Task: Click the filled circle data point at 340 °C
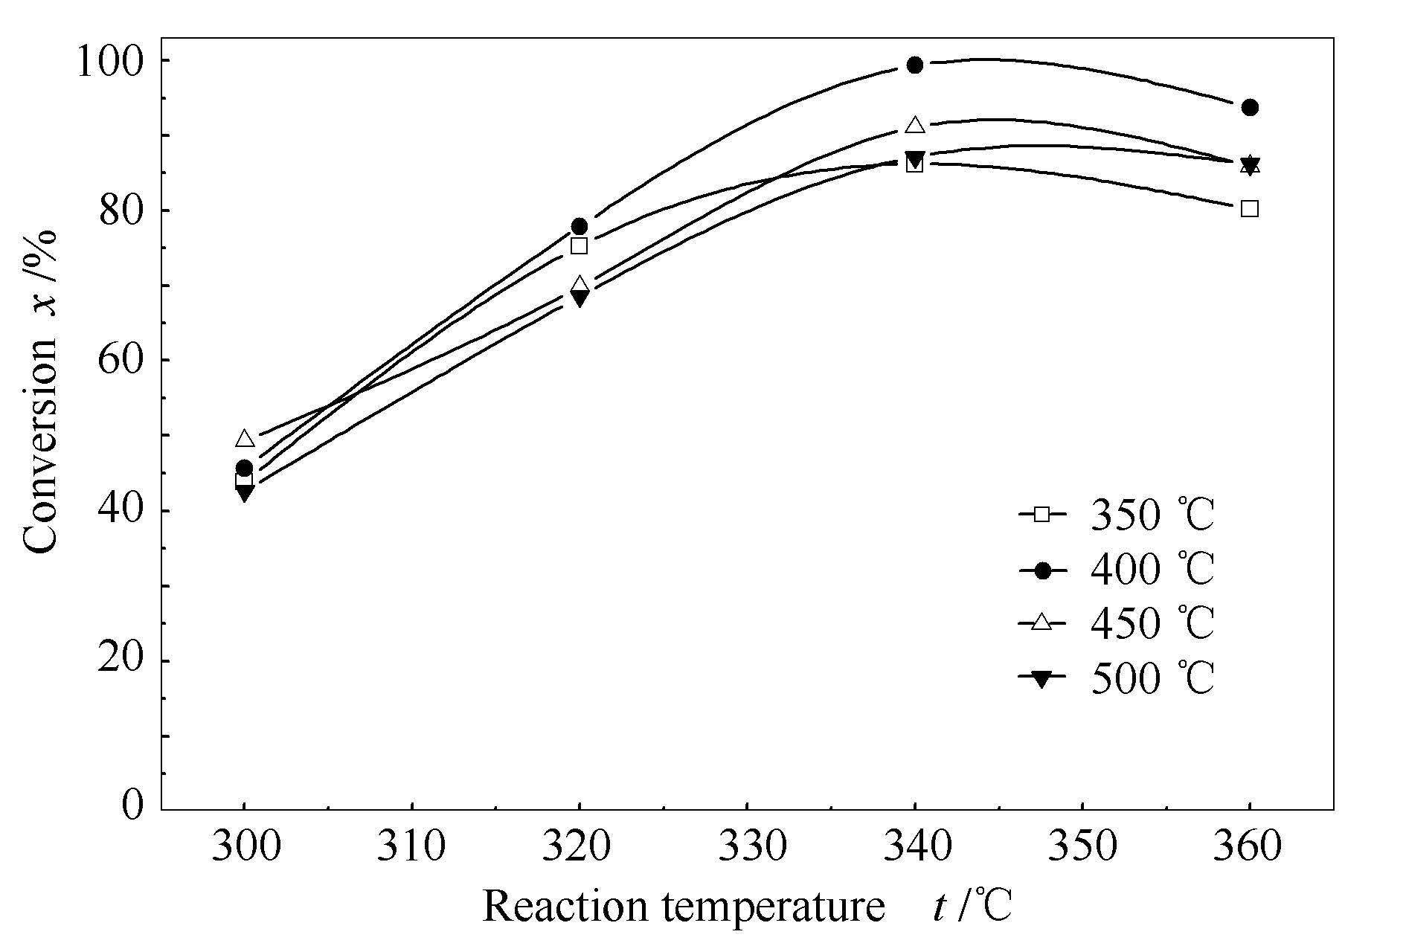pyautogui.click(x=915, y=65)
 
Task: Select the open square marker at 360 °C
pyautogui.click(x=1250, y=209)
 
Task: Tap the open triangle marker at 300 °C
pyautogui.click(x=245, y=439)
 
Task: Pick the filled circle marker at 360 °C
pyautogui.click(x=1250, y=108)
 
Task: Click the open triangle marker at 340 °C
pyautogui.click(x=915, y=125)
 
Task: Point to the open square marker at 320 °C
pyautogui.click(x=580, y=246)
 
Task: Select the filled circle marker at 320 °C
pyautogui.click(x=580, y=226)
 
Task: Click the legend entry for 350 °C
pyautogui.click(x=1116, y=515)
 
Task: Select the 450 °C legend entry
pyautogui.click(x=1116, y=623)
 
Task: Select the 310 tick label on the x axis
pyautogui.click(x=411, y=848)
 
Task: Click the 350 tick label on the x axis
pyautogui.click(x=1082, y=848)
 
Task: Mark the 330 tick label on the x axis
pyautogui.click(x=746, y=848)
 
